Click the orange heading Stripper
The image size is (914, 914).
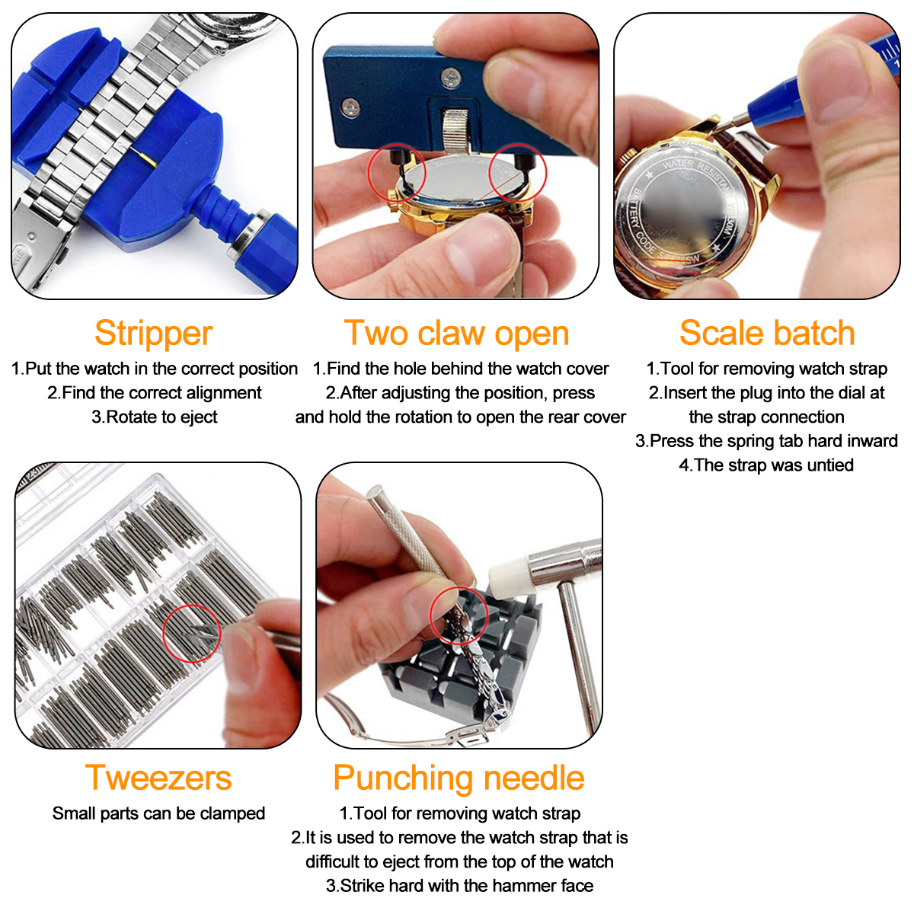[x=153, y=334]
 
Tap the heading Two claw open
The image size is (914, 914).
[x=456, y=334]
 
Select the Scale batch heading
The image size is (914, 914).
[x=767, y=333]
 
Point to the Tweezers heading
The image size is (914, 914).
[x=158, y=778]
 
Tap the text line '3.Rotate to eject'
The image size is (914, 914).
[x=154, y=417]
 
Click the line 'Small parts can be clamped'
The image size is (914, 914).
[x=158, y=813]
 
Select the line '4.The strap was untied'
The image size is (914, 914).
[x=766, y=465]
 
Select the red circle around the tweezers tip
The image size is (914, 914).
[x=192, y=633]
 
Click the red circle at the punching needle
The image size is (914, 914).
[x=459, y=615]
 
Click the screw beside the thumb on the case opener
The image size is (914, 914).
[x=451, y=78]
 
